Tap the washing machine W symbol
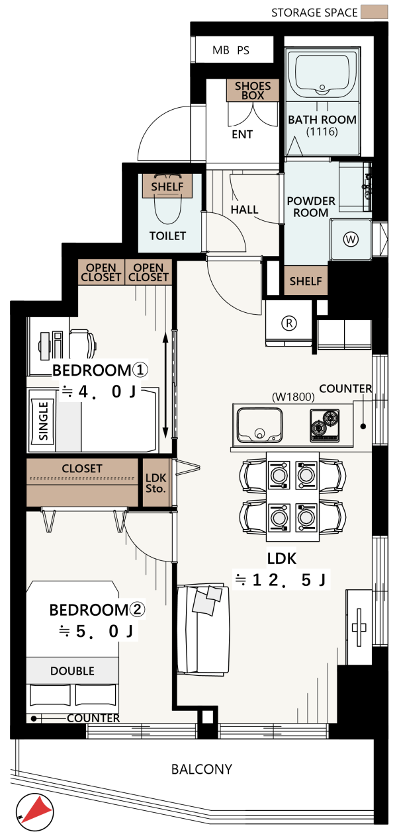[x=351, y=239]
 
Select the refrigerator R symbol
[x=289, y=323]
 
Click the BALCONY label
[x=202, y=769]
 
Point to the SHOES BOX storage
[x=253, y=90]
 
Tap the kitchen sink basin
[x=259, y=425]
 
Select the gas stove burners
[x=325, y=425]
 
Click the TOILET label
[x=167, y=235]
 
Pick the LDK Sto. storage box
[x=156, y=483]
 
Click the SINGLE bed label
[x=43, y=421]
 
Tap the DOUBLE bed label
[x=72, y=671]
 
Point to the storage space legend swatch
[x=375, y=12]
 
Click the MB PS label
[x=231, y=50]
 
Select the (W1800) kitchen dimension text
[x=293, y=397]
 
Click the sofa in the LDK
[x=203, y=628]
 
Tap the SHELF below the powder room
[x=306, y=280]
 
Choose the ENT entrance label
[x=242, y=134]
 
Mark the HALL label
[x=244, y=210]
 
